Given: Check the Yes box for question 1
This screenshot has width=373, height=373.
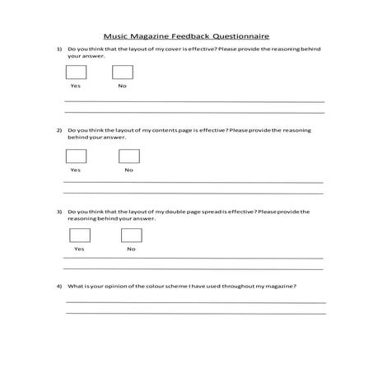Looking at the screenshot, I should (x=75, y=72).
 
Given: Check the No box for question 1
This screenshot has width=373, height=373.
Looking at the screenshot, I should (x=122, y=72).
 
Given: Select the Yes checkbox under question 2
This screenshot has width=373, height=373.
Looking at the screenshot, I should (x=75, y=156).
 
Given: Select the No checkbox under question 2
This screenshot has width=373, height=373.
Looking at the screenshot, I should (x=128, y=156).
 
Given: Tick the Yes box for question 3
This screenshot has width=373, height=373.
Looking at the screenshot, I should (x=79, y=235).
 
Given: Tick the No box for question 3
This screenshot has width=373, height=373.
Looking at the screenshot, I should (x=131, y=235).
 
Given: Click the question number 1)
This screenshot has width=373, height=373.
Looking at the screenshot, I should (x=59, y=49).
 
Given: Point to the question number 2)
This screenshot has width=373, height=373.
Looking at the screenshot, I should (x=59, y=131).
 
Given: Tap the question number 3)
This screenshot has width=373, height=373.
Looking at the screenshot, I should (x=59, y=212).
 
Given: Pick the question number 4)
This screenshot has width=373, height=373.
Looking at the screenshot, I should (x=59, y=286).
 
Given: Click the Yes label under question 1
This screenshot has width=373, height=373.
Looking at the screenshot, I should (x=75, y=86).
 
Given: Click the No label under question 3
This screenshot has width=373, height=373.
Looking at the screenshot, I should (x=131, y=249).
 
